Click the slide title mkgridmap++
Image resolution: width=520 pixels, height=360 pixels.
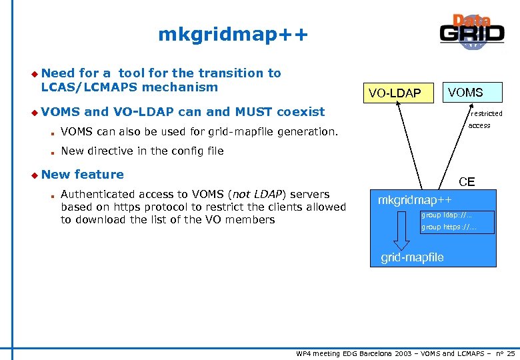[x=233, y=34]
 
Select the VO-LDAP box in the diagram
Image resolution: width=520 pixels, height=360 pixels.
[x=395, y=93]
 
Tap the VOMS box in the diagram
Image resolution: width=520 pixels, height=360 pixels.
[x=465, y=92]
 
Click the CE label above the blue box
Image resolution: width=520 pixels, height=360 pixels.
[x=466, y=181]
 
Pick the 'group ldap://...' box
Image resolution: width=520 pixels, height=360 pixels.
[x=457, y=216]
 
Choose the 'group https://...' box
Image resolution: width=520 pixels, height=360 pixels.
[x=457, y=227]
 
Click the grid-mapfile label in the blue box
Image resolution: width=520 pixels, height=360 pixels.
[x=412, y=257]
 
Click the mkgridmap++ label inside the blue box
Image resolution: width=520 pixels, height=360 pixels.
[x=415, y=200]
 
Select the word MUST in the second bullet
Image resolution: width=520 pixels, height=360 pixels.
[x=254, y=112]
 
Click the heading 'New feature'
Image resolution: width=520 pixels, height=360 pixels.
[x=82, y=175]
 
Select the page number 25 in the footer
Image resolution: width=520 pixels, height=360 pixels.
[x=511, y=353]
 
